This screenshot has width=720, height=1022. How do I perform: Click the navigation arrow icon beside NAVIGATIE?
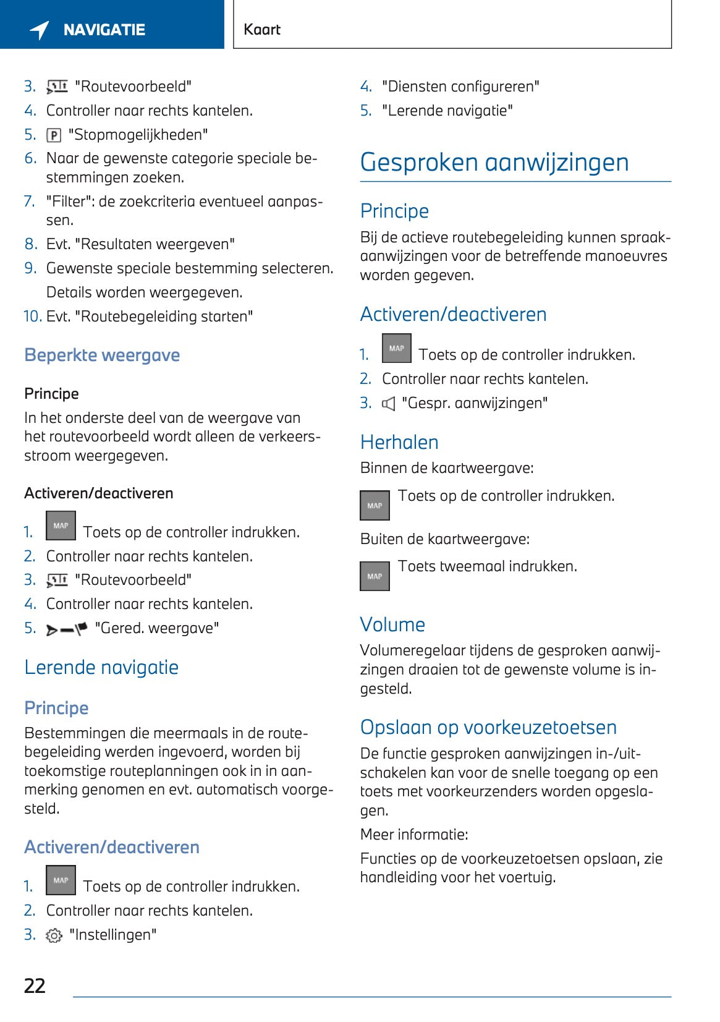pos(40,30)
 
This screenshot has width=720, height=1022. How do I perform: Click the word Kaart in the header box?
pos(262,30)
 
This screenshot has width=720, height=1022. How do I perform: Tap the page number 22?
pos(35,986)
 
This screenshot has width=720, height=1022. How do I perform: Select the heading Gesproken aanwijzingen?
pos(494,163)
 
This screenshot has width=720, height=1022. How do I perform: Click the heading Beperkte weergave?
pos(102,356)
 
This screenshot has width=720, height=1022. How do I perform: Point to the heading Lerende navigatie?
pos(101,668)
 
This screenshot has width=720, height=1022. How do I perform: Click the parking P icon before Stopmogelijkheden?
pos(54,135)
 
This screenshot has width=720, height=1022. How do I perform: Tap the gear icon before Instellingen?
pos(54,935)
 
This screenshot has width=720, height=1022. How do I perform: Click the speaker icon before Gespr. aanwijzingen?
pos(388,404)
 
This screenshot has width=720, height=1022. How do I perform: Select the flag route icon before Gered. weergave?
pos(67,629)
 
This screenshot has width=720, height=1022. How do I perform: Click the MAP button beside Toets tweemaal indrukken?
pos(375,576)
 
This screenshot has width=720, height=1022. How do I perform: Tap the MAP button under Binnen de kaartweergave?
pos(375,506)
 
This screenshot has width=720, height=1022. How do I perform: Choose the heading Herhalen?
pos(399,443)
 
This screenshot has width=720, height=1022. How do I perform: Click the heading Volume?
pos(392,625)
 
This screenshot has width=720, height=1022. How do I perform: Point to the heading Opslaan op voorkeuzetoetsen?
pos(488,728)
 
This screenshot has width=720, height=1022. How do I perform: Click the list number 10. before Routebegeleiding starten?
pos(32,317)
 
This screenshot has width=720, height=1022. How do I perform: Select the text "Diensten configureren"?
pos(460,87)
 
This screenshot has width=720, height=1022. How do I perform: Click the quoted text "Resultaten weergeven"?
pos(155,245)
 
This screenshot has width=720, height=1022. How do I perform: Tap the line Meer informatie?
pos(414,835)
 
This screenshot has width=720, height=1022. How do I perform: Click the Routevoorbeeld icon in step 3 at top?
pos(57,87)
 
